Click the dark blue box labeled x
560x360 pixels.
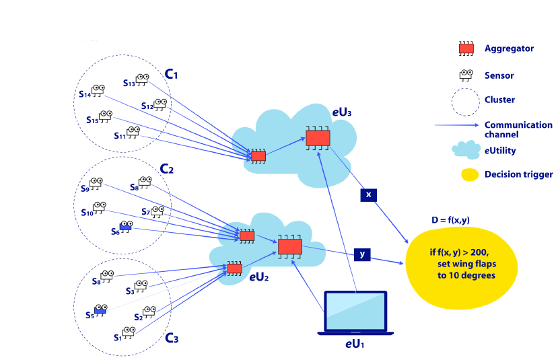click(368, 194)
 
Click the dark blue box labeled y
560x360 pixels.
click(362, 254)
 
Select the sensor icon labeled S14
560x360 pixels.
click(99, 90)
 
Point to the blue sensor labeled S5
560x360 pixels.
click(100, 310)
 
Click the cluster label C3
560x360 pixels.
click(172, 338)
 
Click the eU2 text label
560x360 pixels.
click(260, 277)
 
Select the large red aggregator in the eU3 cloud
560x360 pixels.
click(317, 138)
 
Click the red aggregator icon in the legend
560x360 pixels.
click(466, 48)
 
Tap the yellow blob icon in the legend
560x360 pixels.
click(469, 175)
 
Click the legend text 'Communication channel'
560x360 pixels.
click(518, 129)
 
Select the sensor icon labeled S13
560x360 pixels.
click(143, 80)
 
